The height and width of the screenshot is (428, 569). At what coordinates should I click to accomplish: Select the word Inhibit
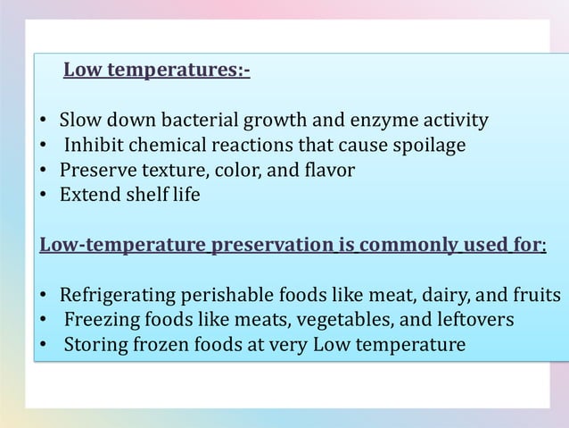pos(95,145)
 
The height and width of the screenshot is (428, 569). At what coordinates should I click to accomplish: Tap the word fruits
pos(538,295)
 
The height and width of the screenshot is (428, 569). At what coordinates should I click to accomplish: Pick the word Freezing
pos(101,319)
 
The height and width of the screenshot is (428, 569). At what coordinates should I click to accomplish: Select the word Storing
pos(94,344)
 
